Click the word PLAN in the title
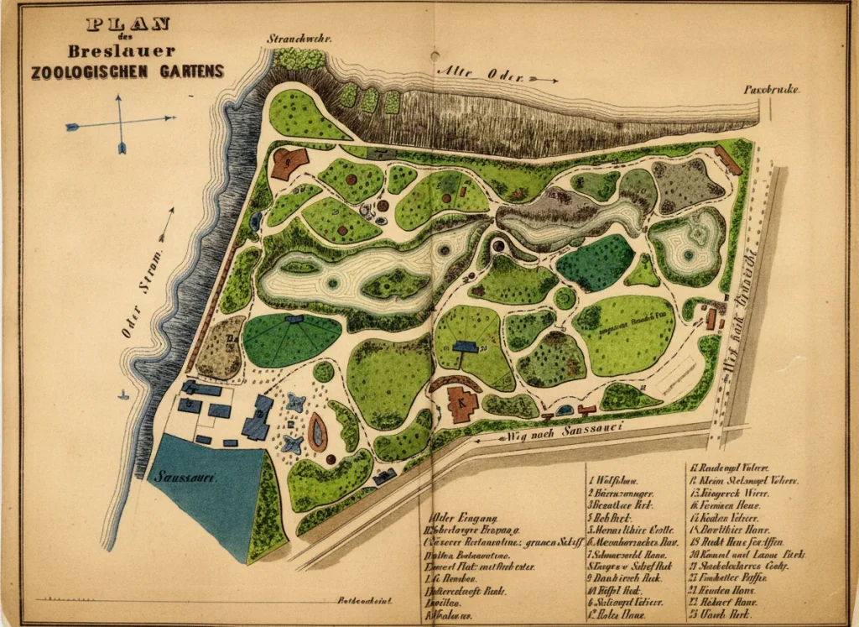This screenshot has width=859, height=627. [x=128, y=24]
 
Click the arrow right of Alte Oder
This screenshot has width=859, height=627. [x=544, y=80]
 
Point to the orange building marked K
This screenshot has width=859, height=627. [x=461, y=404]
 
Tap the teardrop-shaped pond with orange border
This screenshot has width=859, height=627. [x=317, y=432]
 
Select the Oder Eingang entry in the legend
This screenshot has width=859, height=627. [x=464, y=519]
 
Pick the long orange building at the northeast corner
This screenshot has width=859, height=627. [x=728, y=160]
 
